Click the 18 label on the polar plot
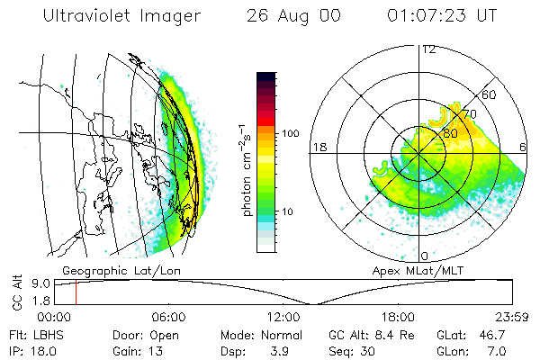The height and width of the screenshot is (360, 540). (x=318, y=147)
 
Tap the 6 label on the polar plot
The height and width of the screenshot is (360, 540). (x=523, y=147)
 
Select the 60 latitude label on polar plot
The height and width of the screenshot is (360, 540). (x=490, y=94)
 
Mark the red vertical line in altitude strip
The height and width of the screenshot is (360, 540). (x=76, y=292)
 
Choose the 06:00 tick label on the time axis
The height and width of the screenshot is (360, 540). (x=168, y=317)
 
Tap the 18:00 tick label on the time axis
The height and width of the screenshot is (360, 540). (x=398, y=317)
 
